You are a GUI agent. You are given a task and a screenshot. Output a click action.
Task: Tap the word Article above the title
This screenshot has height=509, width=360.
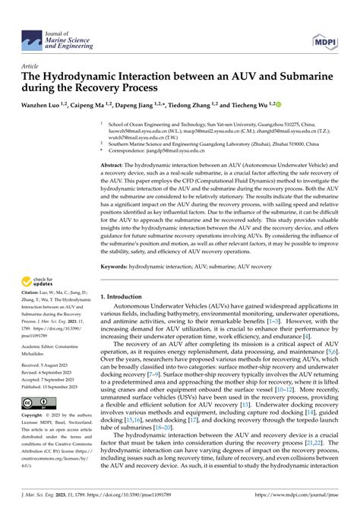click(32, 65)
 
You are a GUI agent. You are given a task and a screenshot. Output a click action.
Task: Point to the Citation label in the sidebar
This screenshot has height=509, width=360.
click(33, 292)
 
